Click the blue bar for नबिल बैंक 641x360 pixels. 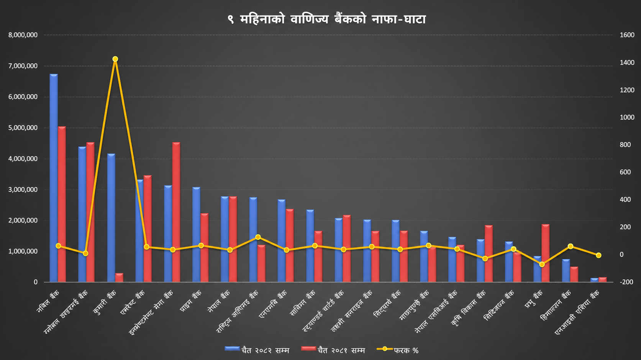pyautogui.click(x=54, y=178)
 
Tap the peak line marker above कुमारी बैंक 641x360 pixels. pyautogui.click(x=115, y=59)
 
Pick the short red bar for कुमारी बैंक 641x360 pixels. pyautogui.click(x=119, y=278)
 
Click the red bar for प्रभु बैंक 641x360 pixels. pyautogui.click(x=546, y=253)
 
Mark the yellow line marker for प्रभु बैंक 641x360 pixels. pyautogui.click(x=542, y=264)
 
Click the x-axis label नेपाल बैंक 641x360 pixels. pyautogui.click(x=219, y=301)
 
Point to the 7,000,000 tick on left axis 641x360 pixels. pyautogui.click(x=23, y=66)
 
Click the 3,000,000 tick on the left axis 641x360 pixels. pyautogui.click(x=23, y=190)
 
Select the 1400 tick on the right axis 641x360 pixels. pyautogui.click(x=627, y=62)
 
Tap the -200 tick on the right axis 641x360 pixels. pyautogui.click(x=626, y=282)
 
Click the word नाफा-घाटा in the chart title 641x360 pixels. pyautogui.click(x=398, y=19)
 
